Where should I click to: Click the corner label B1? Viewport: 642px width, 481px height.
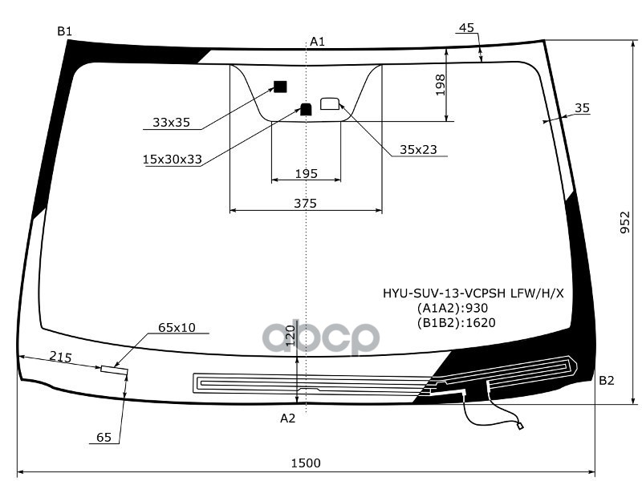pos(64,31)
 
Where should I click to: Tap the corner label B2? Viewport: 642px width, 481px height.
pos(606,380)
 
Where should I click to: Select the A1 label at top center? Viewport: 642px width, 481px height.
pos(317,42)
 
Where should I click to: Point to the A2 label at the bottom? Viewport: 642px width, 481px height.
pos(287,418)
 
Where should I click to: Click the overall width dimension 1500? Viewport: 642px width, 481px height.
pos(305,463)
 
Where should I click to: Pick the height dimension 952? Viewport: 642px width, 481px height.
pos(624,223)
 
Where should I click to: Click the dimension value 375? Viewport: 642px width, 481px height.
pos(305,204)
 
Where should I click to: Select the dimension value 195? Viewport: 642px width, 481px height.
pos(306,173)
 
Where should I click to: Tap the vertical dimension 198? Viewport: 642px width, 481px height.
pos(440,83)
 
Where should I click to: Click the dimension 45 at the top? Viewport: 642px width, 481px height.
pos(467,28)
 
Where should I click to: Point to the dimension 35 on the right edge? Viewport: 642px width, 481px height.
pos(582,108)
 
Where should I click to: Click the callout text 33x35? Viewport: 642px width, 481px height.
pos(171,123)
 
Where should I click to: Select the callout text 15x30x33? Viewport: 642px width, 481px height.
pos(172,160)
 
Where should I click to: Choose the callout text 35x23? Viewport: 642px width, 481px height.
pos(418,149)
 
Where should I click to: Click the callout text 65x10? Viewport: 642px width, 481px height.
pos(177,327)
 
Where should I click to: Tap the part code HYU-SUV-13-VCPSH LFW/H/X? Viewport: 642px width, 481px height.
pos(473,293)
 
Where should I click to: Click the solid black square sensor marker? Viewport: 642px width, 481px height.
pos(280,87)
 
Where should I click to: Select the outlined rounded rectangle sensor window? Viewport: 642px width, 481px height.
pos(330,103)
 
